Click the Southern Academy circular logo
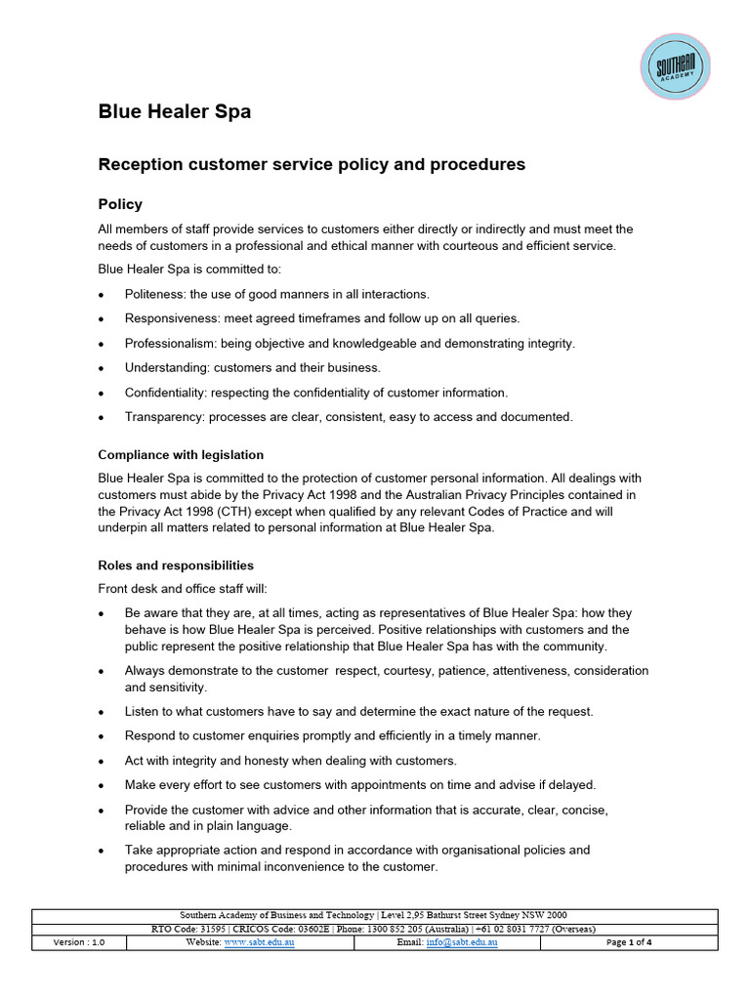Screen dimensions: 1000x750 click(676, 66)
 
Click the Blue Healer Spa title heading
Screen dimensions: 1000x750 click(175, 112)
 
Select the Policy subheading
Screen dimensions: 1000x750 click(120, 204)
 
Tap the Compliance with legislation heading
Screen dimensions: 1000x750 click(181, 455)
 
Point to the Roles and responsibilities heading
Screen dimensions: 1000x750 click(176, 565)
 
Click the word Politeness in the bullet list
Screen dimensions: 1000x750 click(154, 294)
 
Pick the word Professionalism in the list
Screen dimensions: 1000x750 click(170, 343)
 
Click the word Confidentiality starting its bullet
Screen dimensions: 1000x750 click(167, 393)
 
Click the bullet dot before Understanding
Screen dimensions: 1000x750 click(102, 368)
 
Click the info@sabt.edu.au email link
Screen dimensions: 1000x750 click(462, 943)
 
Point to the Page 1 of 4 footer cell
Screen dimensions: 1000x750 click(629, 943)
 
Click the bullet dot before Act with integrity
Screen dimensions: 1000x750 click(102, 761)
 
